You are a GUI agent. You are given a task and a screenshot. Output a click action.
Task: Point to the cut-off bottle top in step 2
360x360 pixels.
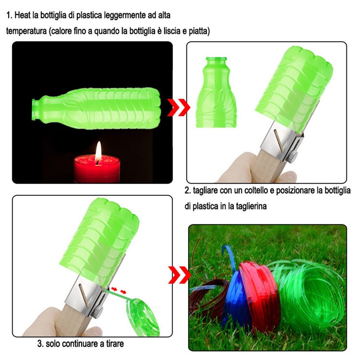[x=216, y=93]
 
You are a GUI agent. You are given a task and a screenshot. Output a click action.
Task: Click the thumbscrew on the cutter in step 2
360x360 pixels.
[x=291, y=156]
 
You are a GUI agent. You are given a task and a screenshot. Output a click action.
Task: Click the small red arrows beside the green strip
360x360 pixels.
[x=118, y=290]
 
